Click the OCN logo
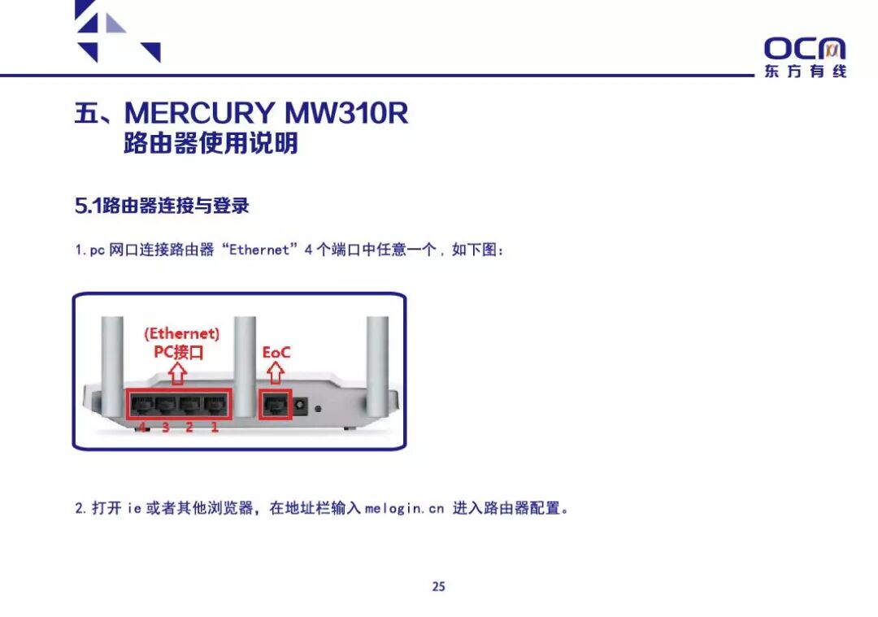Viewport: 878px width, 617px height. click(805, 49)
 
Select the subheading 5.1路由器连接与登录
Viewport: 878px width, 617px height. click(162, 206)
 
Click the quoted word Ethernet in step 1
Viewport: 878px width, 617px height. click(259, 250)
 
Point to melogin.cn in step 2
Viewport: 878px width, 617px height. click(405, 509)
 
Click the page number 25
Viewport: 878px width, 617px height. click(439, 586)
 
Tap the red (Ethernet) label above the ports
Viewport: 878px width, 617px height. click(181, 333)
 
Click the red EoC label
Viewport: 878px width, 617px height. click(276, 353)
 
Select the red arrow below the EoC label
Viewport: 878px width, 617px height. click(276, 373)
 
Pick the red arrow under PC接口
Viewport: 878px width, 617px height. click(178, 373)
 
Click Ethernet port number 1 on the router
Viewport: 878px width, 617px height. click(215, 403)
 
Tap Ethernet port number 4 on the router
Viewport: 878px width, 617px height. click(142, 403)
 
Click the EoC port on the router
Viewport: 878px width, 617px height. click(275, 403)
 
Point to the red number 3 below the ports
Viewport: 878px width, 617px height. click(166, 428)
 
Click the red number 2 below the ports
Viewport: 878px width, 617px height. click(189, 428)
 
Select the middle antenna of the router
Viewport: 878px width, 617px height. click(243, 350)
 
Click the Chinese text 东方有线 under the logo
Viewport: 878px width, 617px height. click(805, 72)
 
